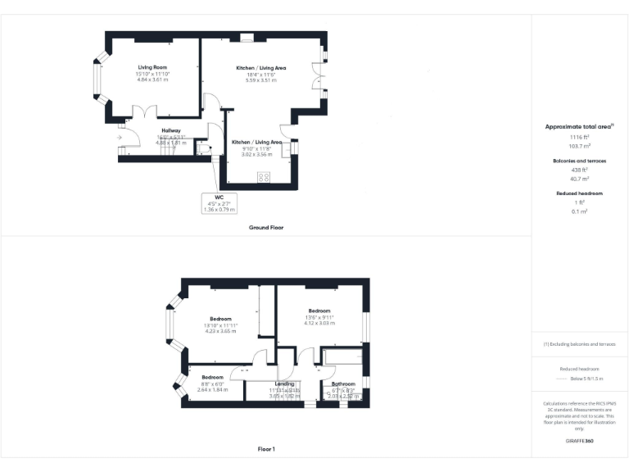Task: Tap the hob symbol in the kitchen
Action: coord(265,176)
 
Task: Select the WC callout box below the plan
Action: coord(219,203)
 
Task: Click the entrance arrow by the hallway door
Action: coord(120,138)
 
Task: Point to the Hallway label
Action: coord(171,130)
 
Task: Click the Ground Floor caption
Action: coord(266,227)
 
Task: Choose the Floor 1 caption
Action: coord(266,449)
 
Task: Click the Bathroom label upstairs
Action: coord(343,383)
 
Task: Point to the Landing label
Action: coord(285,383)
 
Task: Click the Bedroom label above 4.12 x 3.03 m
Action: coord(319,311)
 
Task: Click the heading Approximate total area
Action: coord(578,127)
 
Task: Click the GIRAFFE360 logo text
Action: coord(579,442)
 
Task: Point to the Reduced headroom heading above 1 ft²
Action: coord(580,193)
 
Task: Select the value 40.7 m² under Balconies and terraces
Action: coord(580,178)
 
